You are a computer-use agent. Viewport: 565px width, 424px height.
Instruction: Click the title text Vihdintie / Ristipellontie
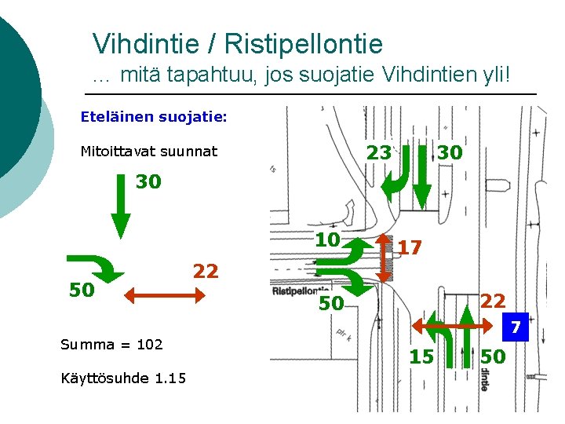click(x=237, y=43)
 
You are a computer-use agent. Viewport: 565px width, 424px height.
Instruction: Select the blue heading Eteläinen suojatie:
click(x=154, y=117)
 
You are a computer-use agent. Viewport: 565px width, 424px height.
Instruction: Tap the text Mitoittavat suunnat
click(x=149, y=151)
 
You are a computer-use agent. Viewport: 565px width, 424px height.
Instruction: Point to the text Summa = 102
click(x=111, y=344)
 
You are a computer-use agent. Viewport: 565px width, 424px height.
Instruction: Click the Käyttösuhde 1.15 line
click(x=123, y=378)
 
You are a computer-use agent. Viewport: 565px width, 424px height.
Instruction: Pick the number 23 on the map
click(x=379, y=152)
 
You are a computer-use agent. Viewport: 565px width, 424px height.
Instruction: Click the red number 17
click(x=410, y=248)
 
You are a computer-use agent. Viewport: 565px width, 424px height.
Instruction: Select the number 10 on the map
click(x=327, y=239)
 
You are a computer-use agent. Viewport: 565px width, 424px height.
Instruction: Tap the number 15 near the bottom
click(x=421, y=357)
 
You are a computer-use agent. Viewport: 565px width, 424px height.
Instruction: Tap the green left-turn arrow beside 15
click(x=446, y=346)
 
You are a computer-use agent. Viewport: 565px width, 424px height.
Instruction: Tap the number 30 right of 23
click(x=450, y=152)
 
